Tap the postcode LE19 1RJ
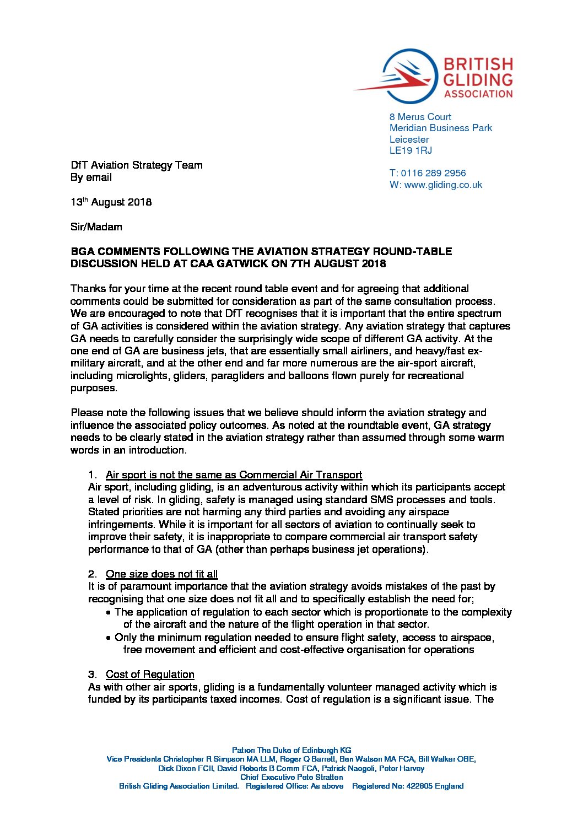[411, 150]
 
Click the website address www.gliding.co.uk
[443, 185]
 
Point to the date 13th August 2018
[111, 202]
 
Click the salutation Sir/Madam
[96, 227]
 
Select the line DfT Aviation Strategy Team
[136, 165]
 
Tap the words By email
[91, 177]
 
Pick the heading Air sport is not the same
[234, 475]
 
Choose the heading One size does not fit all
[161, 574]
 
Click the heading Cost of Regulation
[150, 675]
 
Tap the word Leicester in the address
[409, 139]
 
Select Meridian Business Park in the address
[441, 128]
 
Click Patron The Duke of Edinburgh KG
[291, 750]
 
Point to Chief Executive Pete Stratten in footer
[291, 777]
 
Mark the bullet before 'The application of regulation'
[109, 613]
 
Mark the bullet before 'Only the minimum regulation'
[109, 638]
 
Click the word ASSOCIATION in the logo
[478, 94]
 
